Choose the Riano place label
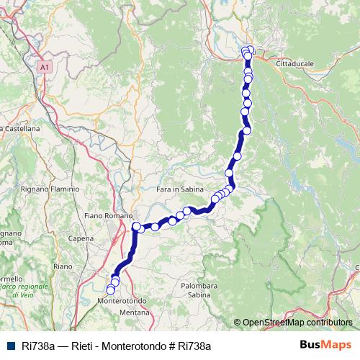(63, 266)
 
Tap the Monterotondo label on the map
(123, 300)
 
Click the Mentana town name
(132, 313)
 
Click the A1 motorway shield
(45, 66)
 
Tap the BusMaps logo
(325, 345)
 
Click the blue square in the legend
(11, 346)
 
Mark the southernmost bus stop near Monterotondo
(110, 290)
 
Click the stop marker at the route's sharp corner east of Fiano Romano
(136, 228)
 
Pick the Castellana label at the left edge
(22, 127)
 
